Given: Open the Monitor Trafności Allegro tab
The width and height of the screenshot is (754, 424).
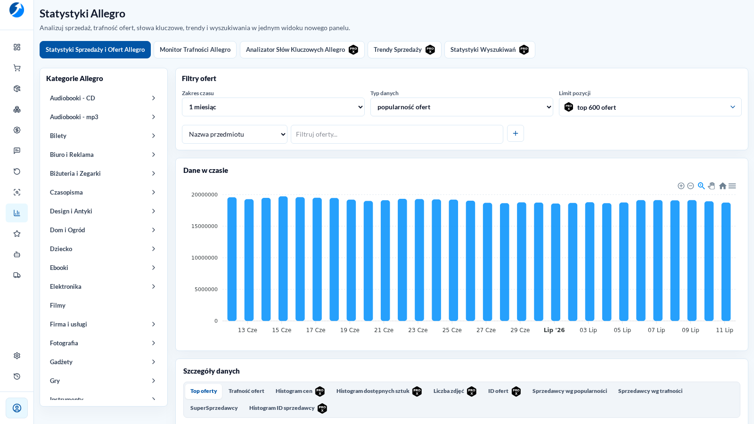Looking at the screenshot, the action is point(195,50).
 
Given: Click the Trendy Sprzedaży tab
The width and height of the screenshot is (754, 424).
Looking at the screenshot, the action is point(404,50).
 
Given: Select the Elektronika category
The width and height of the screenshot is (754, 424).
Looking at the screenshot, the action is point(66,286).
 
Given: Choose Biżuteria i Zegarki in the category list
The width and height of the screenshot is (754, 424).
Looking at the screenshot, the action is point(75,173).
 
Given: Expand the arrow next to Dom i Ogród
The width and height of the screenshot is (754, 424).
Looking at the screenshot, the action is point(154,230).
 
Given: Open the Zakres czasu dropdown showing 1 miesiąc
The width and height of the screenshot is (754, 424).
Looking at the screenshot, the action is point(273,107).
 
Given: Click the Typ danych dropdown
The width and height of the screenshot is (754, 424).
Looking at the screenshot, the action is point(461,107).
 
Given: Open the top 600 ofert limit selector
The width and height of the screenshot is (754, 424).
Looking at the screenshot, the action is point(650,107).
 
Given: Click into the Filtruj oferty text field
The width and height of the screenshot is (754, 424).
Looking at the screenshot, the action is point(397,134).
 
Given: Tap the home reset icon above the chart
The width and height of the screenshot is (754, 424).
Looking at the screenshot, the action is point(722,186).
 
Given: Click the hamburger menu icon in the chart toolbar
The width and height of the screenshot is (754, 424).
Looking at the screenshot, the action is point(732,186).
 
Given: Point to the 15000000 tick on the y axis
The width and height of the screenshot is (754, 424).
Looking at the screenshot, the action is point(205,226).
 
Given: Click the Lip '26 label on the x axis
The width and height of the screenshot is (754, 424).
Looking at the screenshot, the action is point(554,330).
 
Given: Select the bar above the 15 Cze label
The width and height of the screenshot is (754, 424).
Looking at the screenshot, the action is point(283,259).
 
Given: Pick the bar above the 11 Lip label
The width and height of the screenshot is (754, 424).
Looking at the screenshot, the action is point(726,261).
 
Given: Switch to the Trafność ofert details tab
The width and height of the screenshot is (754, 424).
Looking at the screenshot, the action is point(246,391).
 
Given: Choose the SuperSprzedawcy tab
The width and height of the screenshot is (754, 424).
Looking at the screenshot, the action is point(214,408).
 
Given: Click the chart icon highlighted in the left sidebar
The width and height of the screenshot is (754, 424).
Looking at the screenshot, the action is point(17,213).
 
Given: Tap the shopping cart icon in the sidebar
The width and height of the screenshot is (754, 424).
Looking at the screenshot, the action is point(17,68).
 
